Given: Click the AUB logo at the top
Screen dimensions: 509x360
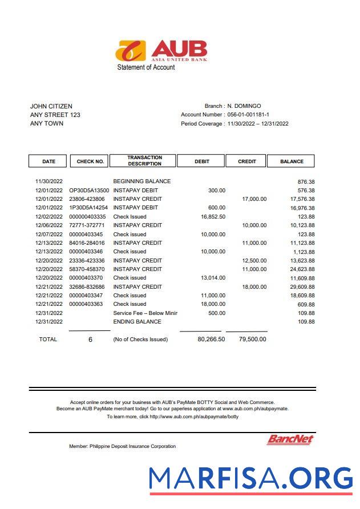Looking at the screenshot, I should tap(161, 50).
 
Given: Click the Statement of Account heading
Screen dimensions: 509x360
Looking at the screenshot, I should tap(146, 67).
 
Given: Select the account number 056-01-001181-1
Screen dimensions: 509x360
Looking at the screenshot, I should tap(248, 115).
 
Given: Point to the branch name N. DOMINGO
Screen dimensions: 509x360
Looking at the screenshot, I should tap(244, 106).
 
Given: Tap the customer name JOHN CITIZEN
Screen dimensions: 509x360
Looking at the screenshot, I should tap(51, 106).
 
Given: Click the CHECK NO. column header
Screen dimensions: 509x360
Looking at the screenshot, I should tap(90, 161).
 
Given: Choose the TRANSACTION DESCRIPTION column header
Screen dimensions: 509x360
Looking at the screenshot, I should tap(144, 161).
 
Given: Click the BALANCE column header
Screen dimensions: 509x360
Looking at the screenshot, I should tap(291, 161).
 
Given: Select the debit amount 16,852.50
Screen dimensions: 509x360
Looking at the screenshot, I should tap(213, 217).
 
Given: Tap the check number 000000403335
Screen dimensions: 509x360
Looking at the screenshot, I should tap(87, 217).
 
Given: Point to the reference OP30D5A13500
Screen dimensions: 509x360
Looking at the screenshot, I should tap(89, 191).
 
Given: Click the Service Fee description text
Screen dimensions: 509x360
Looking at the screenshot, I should tap(145, 313).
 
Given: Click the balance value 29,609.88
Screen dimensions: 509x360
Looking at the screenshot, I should tap(302, 287).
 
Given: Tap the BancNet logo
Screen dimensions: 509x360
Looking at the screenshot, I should tap(290, 439).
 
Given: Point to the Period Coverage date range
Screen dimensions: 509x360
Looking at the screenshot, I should tap(258, 124).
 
